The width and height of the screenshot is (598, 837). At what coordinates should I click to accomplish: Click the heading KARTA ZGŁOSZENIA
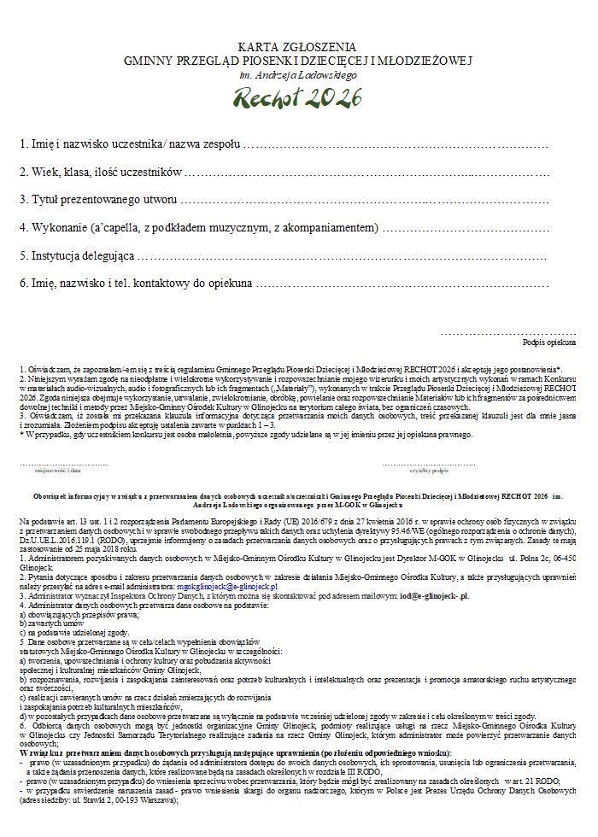point(297,46)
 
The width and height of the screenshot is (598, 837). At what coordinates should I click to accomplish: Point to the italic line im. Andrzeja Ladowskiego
point(298,75)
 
